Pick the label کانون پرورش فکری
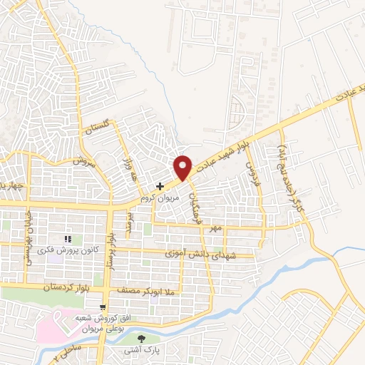click(68, 251)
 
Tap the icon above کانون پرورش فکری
click(68, 240)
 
